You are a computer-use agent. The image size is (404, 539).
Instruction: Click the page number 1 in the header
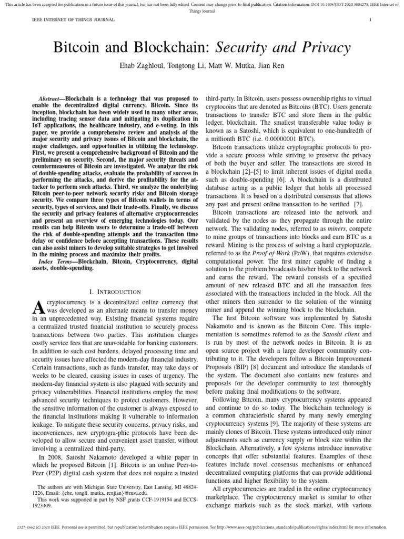371,20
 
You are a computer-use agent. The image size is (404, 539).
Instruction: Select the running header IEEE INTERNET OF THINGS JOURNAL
61,20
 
